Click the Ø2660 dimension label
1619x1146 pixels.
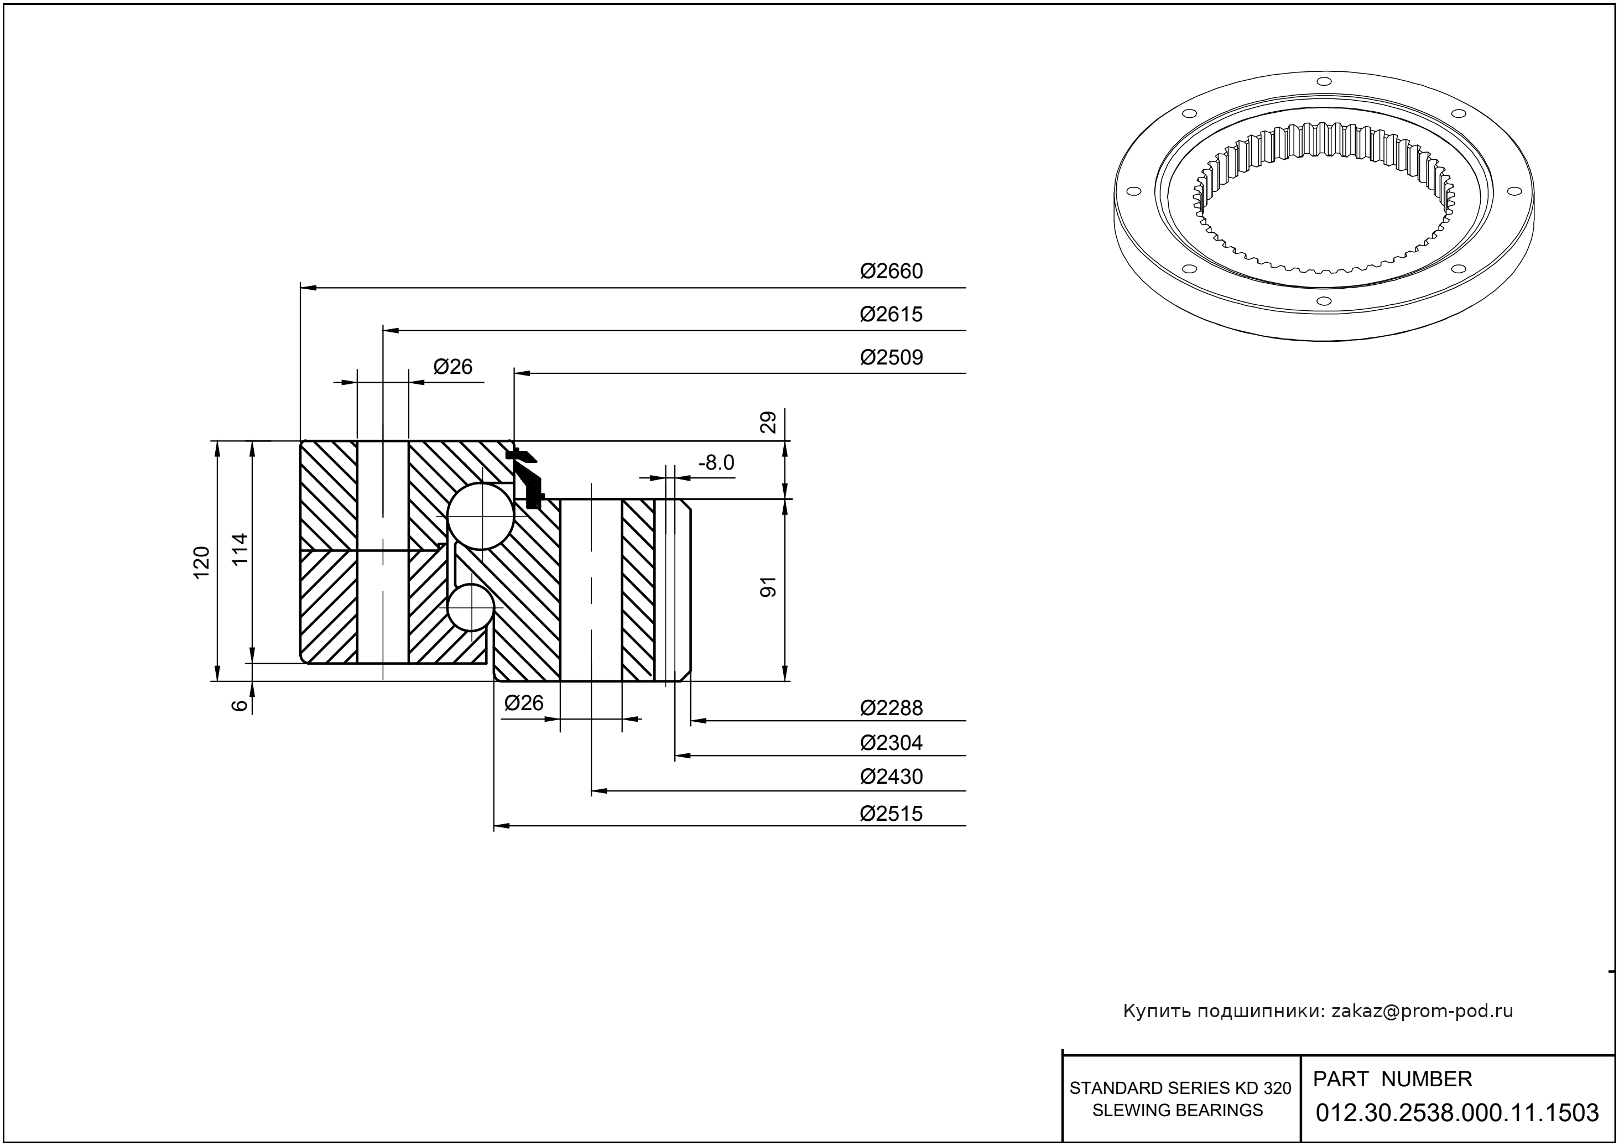click(891, 272)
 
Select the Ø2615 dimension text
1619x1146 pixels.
click(891, 314)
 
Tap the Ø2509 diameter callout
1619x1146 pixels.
click(891, 357)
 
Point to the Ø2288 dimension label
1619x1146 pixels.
click(891, 708)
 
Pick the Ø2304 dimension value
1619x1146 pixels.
click(891, 742)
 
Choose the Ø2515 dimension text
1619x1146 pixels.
click(891, 814)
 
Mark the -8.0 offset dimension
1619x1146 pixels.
click(716, 463)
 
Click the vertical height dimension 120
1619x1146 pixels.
click(202, 562)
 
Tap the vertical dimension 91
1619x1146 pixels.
click(768, 587)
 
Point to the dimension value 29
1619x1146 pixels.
click(768, 422)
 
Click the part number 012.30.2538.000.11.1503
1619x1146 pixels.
click(1457, 1113)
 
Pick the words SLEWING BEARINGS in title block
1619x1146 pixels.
click(1177, 1110)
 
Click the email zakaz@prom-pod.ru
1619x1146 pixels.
click(1422, 1011)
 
